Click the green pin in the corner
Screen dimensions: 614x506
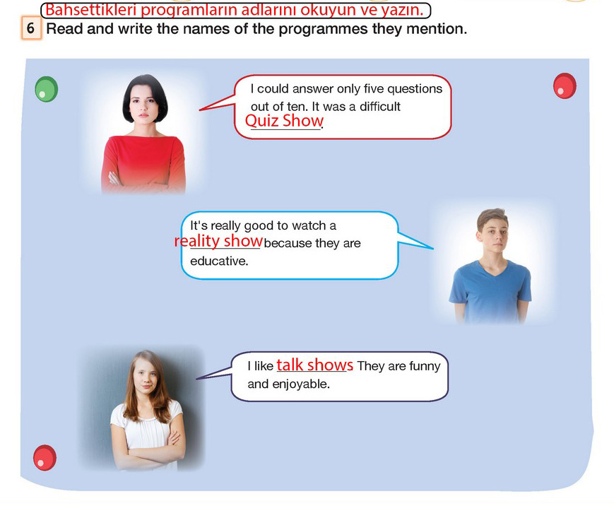[46, 89]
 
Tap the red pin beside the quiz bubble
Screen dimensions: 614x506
[565, 86]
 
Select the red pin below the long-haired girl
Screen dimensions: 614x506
[45, 457]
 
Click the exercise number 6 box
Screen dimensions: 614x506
[31, 28]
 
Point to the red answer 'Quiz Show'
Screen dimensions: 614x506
[284, 121]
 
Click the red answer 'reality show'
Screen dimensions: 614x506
[218, 241]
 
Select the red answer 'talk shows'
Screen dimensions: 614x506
[315, 365]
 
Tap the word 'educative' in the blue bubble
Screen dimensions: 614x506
[219, 261]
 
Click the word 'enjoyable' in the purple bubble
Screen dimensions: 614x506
[301, 384]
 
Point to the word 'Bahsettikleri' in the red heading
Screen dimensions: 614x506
[91, 10]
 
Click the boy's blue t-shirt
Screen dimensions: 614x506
[490, 291]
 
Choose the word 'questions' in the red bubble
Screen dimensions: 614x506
[415, 89]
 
